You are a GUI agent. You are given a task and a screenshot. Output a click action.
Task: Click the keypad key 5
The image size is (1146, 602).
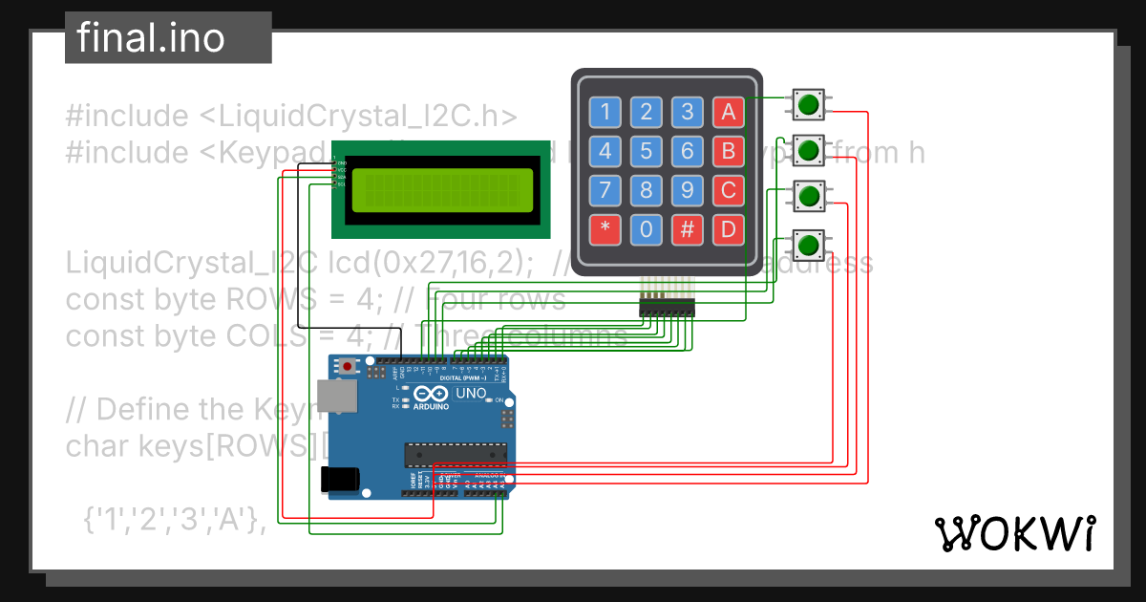[647, 151]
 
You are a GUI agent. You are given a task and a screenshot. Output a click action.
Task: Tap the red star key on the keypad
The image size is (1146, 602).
[605, 229]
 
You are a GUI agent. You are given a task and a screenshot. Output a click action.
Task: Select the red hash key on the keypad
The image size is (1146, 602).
[688, 229]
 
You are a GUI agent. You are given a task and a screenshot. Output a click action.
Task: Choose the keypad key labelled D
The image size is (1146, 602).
[729, 229]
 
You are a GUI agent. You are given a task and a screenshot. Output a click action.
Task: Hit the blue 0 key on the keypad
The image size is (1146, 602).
[647, 229]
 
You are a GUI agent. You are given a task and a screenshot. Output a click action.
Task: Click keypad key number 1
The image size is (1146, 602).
[605, 112]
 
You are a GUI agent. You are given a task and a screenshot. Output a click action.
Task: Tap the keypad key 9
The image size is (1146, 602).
[688, 190]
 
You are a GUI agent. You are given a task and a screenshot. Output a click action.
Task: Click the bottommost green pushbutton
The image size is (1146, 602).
[809, 244]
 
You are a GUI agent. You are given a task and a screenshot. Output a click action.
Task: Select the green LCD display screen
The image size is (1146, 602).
[442, 190]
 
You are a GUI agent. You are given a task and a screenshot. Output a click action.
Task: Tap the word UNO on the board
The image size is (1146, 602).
[471, 394]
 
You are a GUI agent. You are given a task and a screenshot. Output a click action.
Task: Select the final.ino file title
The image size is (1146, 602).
[151, 38]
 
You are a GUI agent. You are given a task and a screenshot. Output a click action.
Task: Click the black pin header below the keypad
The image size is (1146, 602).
[667, 307]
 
